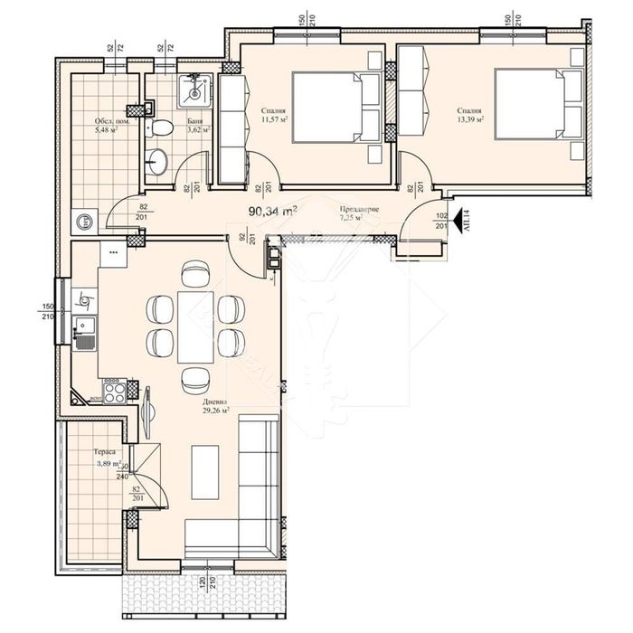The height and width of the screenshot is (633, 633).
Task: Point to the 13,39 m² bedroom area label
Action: click(471, 114)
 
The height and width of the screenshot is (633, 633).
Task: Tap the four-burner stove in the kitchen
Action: click(114, 391)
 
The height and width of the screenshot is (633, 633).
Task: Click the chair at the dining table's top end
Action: click(194, 272)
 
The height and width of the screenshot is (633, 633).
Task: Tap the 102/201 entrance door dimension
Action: click(440, 220)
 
